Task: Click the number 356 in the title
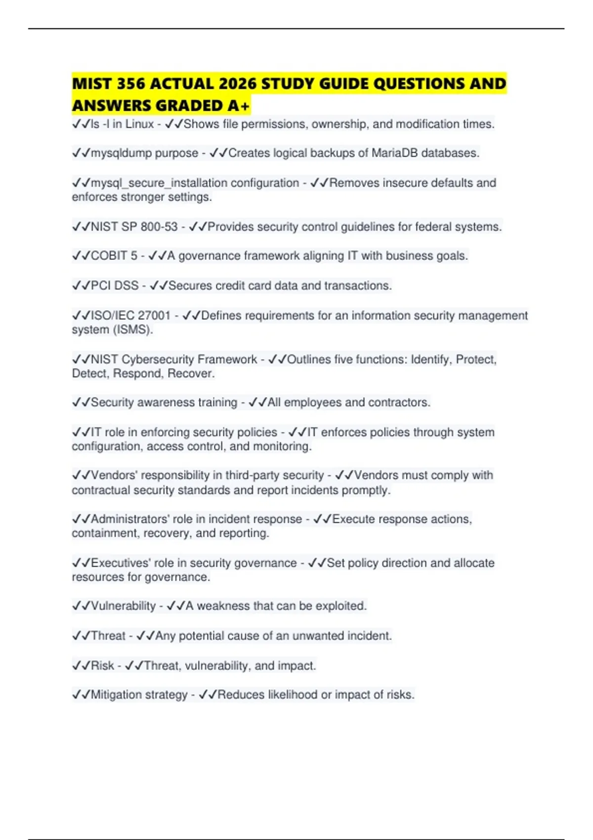point(131,84)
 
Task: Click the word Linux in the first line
point(140,124)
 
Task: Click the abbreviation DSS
point(127,286)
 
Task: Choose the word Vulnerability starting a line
point(123,606)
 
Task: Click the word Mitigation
point(117,695)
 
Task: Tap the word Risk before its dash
point(102,666)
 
